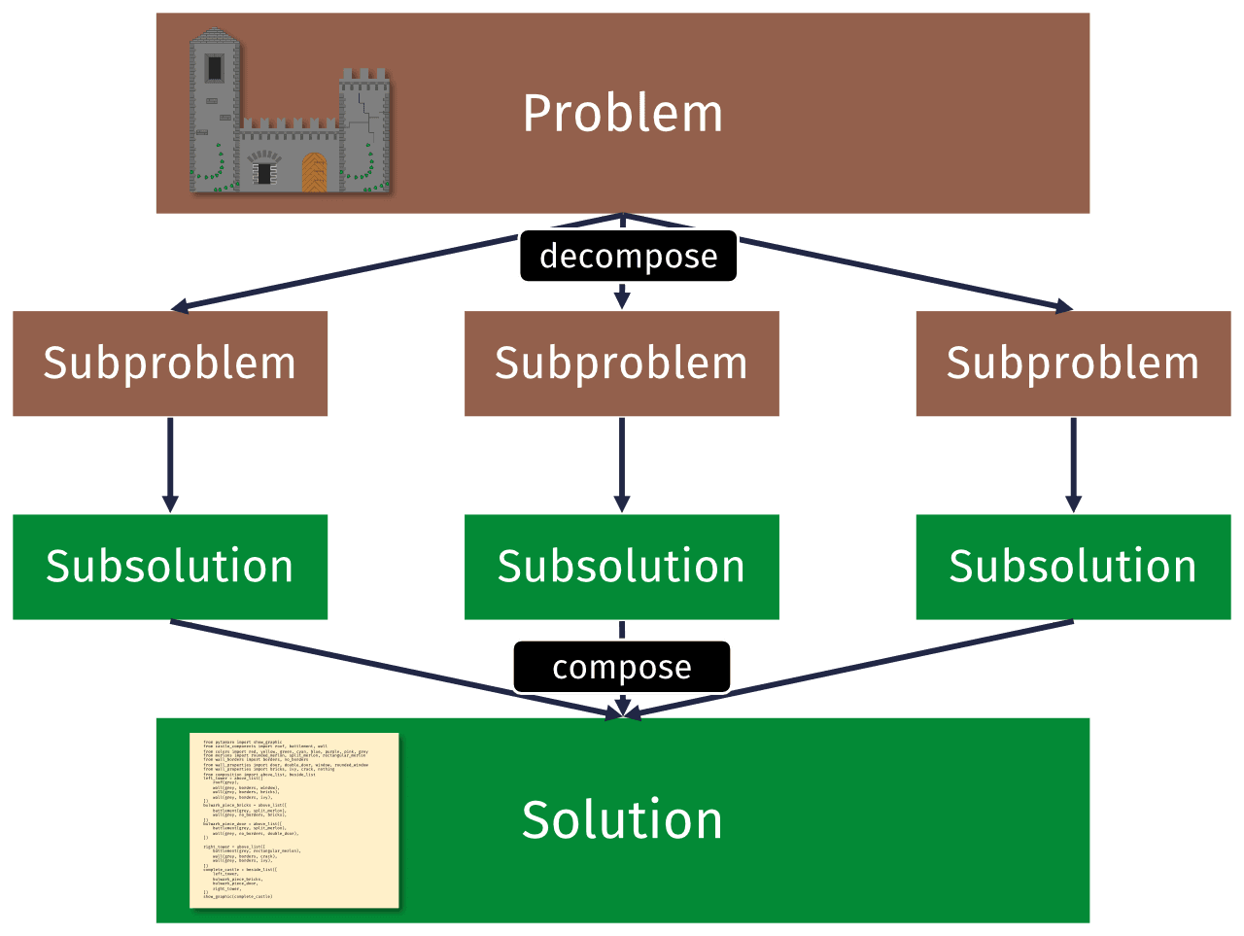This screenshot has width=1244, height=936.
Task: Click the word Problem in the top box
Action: tap(622, 114)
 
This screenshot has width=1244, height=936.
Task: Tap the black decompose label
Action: tap(628, 257)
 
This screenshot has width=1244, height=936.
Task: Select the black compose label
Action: tap(622, 667)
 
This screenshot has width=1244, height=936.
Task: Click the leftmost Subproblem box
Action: tap(170, 364)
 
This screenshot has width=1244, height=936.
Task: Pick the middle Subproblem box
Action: tap(622, 364)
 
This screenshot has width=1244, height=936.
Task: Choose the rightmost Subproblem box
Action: tap(1073, 364)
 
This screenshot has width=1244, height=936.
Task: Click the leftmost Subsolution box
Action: tap(170, 567)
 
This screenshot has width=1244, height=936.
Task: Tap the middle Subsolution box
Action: tap(622, 567)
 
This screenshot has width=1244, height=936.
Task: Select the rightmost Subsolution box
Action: tap(1073, 567)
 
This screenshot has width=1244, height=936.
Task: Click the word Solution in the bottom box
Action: tap(622, 819)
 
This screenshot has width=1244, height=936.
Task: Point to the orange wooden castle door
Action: tap(314, 172)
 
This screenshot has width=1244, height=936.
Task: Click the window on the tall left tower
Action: tap(214, 68)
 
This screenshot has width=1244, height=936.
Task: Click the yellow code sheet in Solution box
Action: tap(294, 820)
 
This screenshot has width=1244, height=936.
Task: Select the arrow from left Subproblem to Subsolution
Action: tap(170, 465)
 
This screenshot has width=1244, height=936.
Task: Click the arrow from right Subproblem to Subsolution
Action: tap(1073, 465)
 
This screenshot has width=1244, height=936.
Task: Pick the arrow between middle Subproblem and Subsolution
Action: tap(622, 465)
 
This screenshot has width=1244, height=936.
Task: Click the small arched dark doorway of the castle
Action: tap(264, 172)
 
